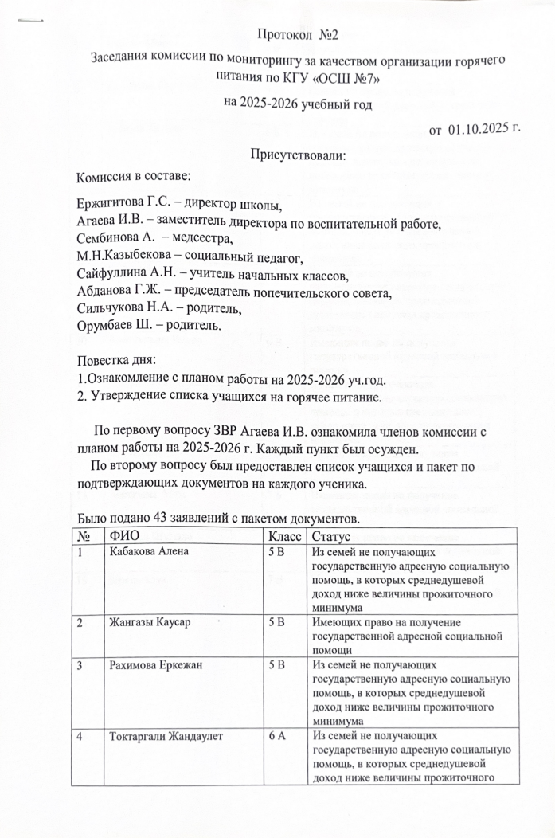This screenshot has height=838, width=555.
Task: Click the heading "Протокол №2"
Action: (299, 33)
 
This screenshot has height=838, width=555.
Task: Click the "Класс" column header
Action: (285, 535)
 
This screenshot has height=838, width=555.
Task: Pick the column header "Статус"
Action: (334, 535)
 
